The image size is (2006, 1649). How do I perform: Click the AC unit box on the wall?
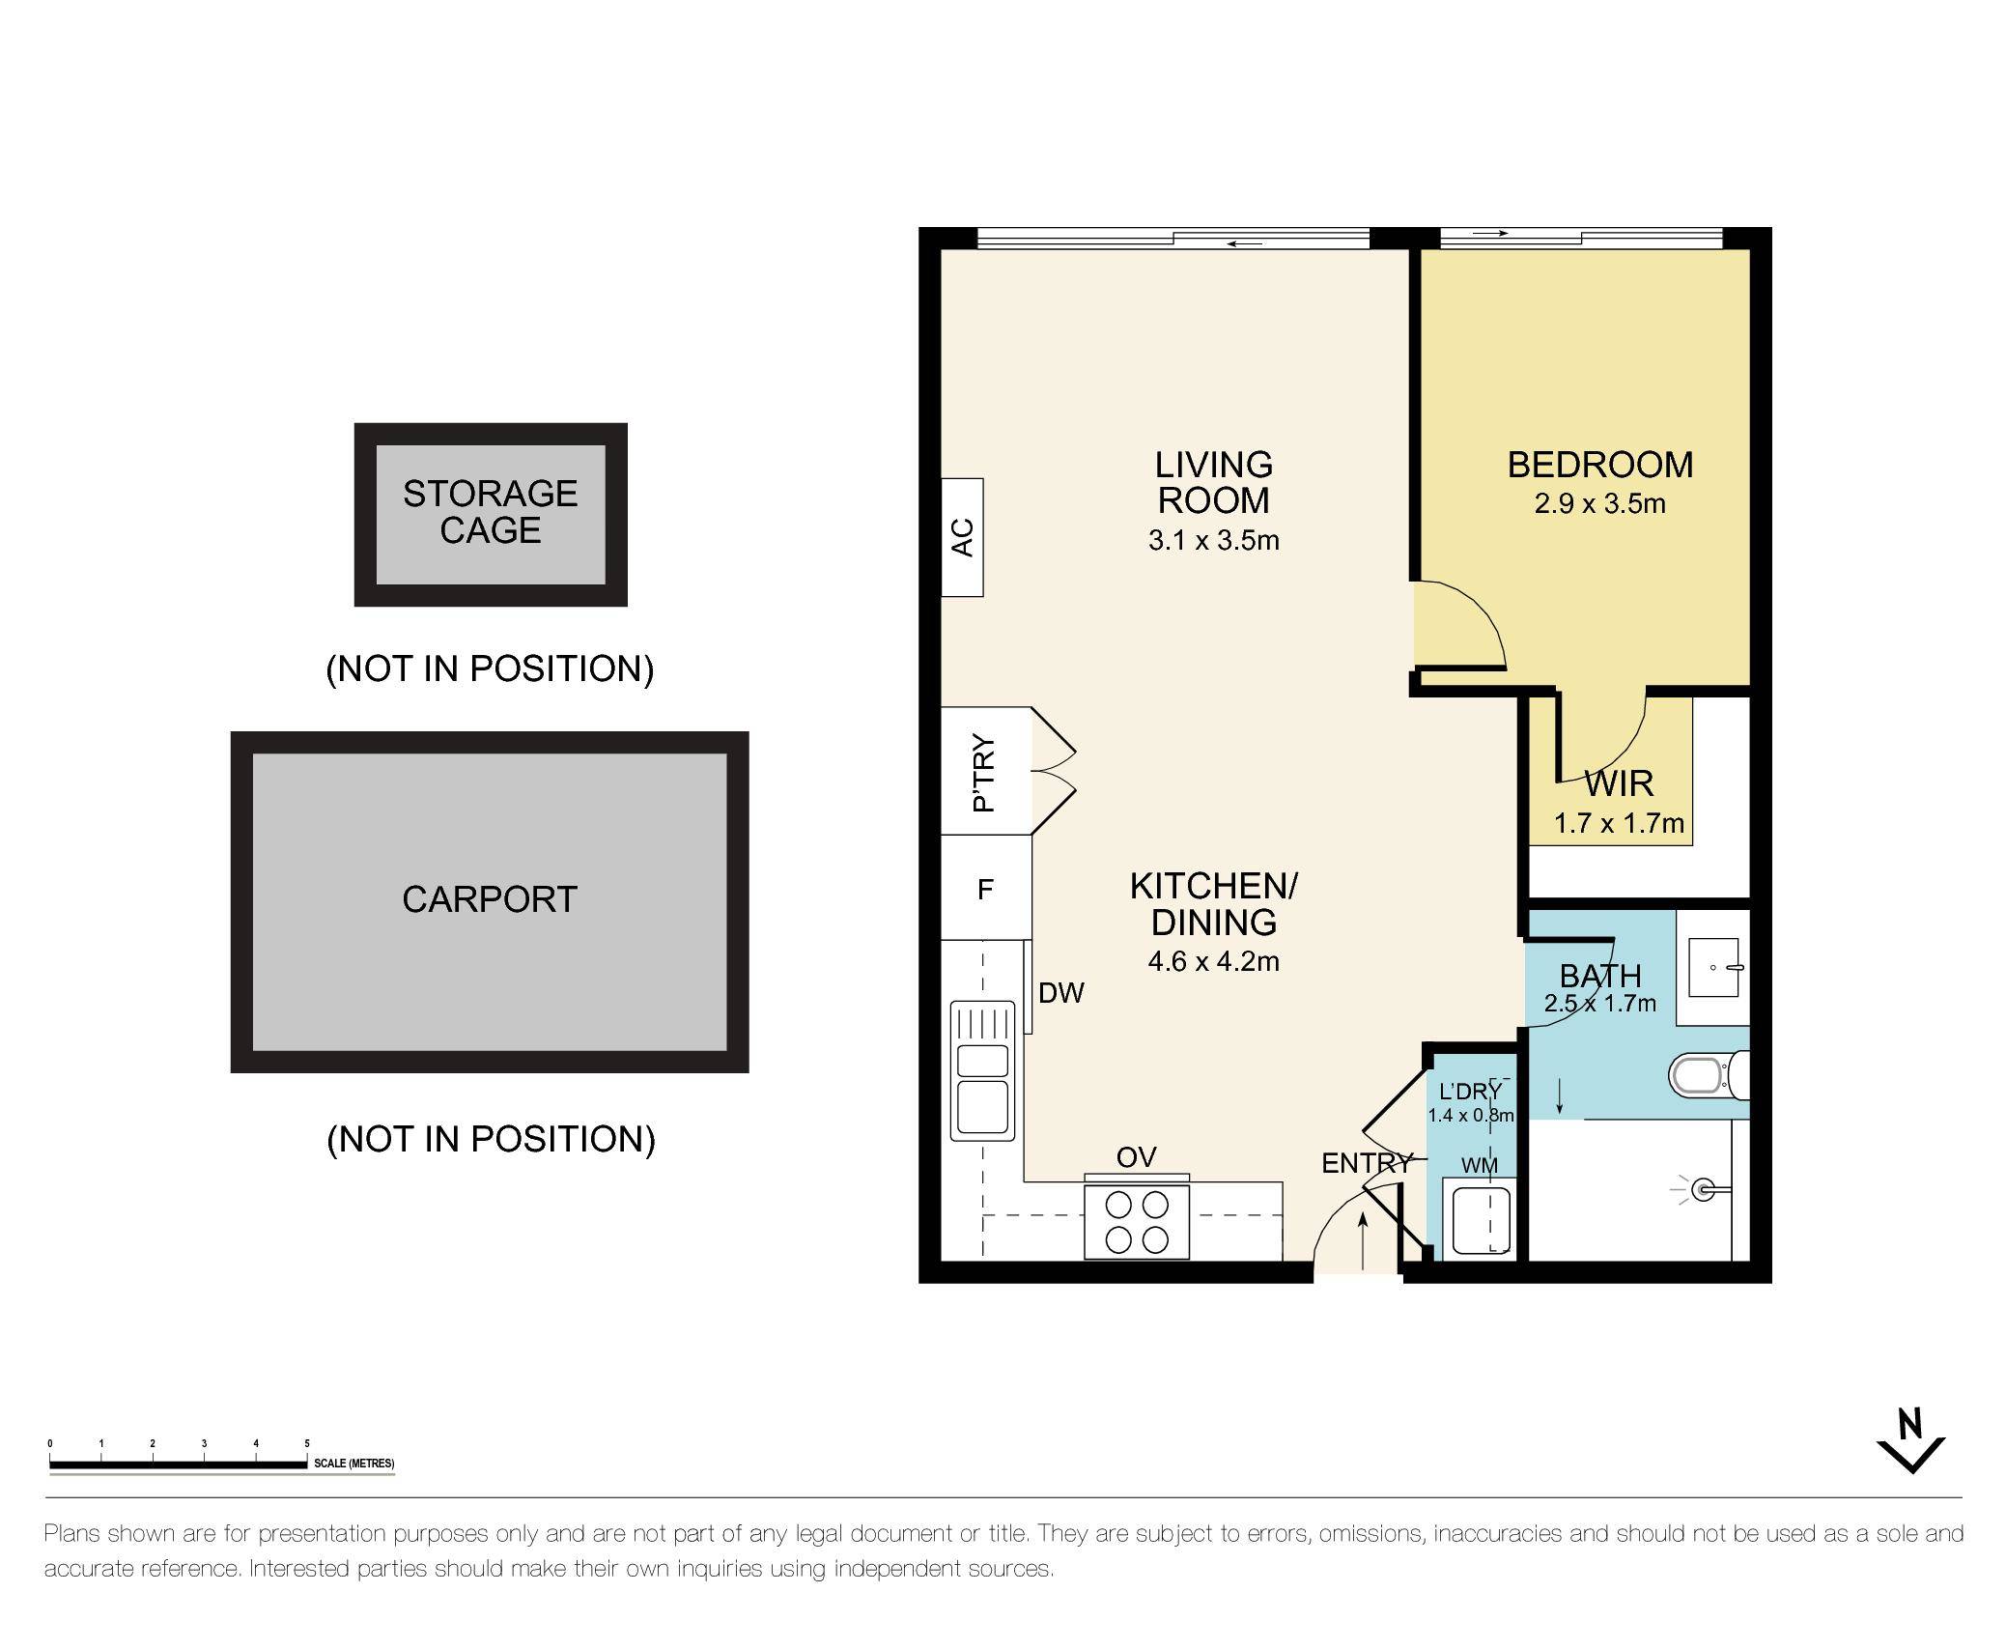point(962,537)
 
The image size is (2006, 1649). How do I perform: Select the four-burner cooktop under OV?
point(1137,1222)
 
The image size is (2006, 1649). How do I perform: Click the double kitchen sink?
point(983,1069)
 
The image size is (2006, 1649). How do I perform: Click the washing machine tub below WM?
point(1482,1220)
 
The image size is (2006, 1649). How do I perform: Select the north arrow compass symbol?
point(1910,1445)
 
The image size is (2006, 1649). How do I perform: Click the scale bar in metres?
point(179,1464)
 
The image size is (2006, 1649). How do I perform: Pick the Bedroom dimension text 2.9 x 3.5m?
point(1599,504)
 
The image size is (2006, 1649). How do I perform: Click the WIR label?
point(1619,782)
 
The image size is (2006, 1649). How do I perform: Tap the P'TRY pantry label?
point(983,773)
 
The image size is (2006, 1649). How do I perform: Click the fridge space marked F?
point(985,889)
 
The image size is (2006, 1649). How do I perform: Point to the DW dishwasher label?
point(1061,992)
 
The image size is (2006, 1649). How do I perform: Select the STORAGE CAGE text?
point(491,512)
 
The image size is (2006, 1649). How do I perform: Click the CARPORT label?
point(490,899)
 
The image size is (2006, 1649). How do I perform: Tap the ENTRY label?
point(1365,1163)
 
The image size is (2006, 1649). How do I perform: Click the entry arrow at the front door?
point(1363,1241)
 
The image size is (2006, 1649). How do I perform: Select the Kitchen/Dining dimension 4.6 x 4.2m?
point(1213,961)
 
